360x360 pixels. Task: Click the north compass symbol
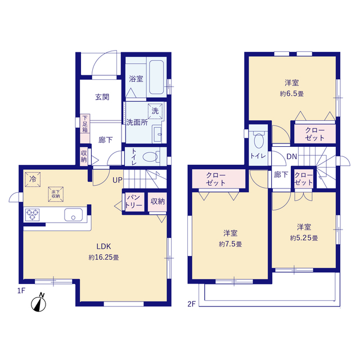39,303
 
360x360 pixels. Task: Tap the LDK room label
103,246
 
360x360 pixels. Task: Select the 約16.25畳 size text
103,258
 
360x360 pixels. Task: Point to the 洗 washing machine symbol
155,111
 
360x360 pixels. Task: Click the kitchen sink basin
73,214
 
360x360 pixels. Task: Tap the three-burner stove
32,215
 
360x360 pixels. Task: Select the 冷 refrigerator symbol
33,179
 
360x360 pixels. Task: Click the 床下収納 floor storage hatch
56,194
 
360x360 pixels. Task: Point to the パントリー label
134,201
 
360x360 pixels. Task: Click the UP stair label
118,180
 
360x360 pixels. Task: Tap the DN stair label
292,156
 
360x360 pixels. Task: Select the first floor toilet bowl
150,157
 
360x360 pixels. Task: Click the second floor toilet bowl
259,141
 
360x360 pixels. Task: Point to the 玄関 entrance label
102,97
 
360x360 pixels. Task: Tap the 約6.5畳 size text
291,94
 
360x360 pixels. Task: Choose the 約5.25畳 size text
304,238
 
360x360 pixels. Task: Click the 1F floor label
21,291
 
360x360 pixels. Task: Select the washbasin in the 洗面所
157,134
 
